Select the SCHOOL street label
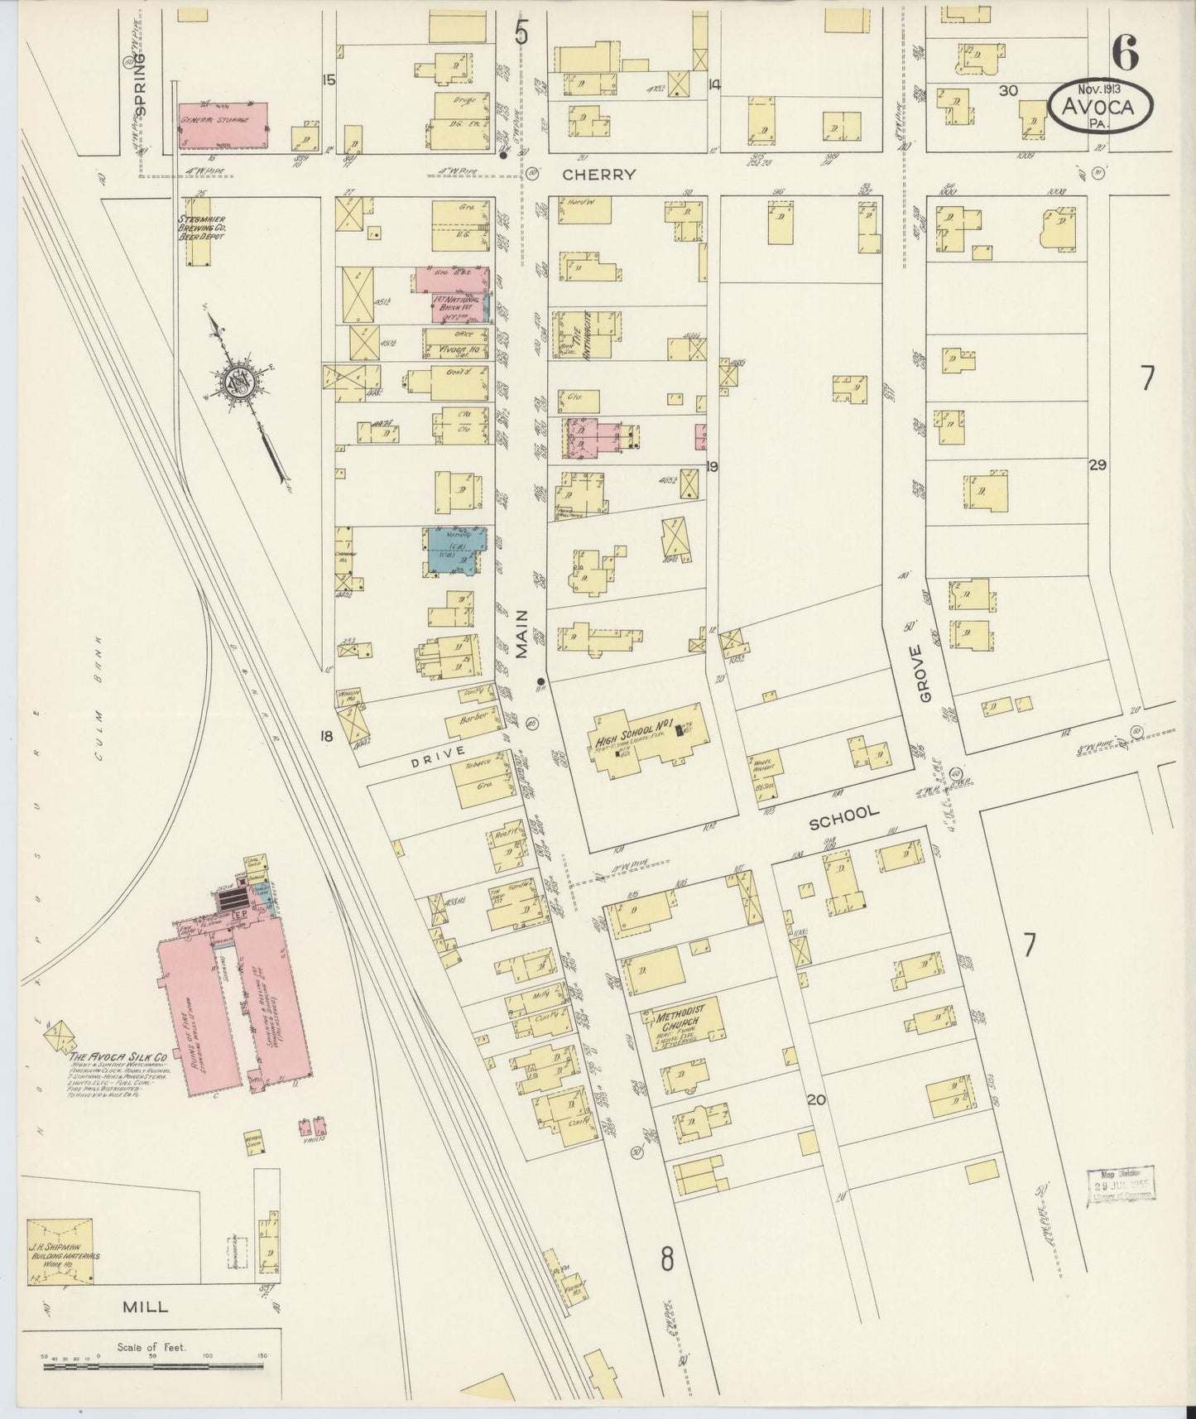843,813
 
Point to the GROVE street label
925,679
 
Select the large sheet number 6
1124,55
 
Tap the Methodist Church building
680,1022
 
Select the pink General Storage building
223,126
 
